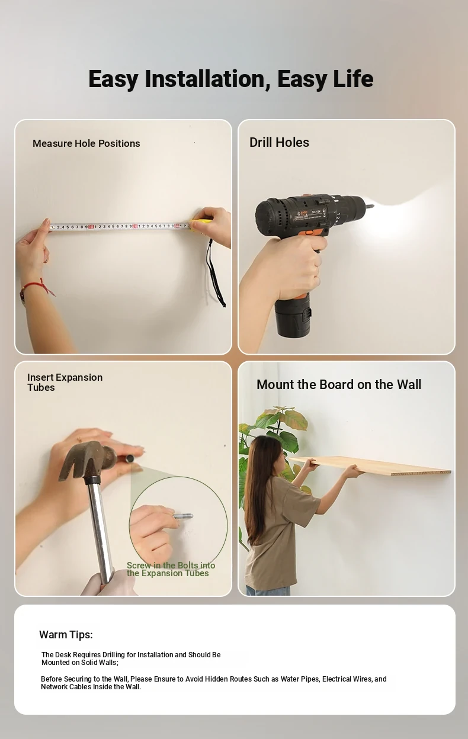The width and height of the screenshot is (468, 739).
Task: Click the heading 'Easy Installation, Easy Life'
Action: tap(230, 79)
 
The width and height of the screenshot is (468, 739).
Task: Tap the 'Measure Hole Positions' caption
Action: tap(86, 143)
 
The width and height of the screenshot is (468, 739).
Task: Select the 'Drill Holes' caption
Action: tap(279, 143)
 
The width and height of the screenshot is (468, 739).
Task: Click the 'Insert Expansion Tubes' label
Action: tap(65, 382)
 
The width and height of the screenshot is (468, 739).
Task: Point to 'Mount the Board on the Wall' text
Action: tap(339, 385)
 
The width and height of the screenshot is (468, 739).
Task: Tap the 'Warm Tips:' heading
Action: tap(66, 634)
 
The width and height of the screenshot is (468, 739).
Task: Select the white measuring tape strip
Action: tap(120, 227)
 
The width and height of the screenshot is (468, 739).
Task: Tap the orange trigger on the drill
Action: tap(309, 233)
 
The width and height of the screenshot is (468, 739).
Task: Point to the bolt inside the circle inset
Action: tap(183, 516)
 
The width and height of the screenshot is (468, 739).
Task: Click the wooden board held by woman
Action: tap(370, 466)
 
